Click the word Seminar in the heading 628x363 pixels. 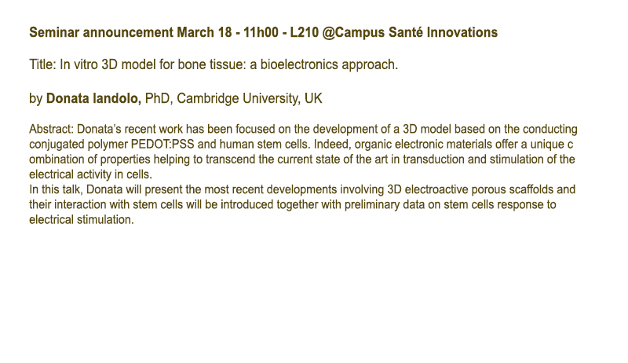[54, 32]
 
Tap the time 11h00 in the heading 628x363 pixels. [261, 32]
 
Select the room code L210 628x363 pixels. [305, 32]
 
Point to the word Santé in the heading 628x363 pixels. [405, 32]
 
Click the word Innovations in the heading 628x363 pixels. [462, 32]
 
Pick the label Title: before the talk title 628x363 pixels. [43, 64]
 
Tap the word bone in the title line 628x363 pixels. [190, 64]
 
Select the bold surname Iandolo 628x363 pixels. [116, 98]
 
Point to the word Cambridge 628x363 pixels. [208, 98]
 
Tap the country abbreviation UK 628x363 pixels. [313, 98]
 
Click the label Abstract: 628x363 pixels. [51, 129]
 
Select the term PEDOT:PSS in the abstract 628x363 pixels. [162, 145]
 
